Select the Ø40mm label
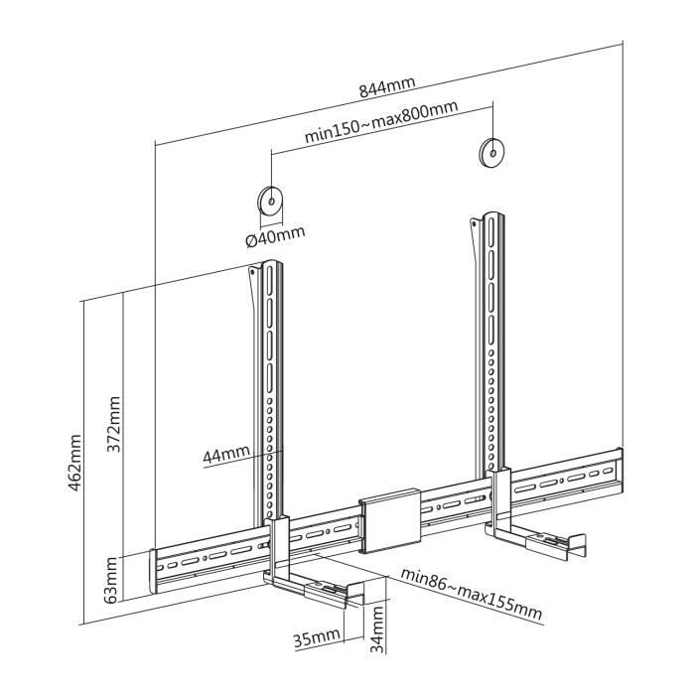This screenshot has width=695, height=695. [274, 236]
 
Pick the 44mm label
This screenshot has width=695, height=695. [225, 455]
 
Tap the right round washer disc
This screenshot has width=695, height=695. [491, 151]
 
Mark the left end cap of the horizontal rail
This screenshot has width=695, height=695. [154, 572]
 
